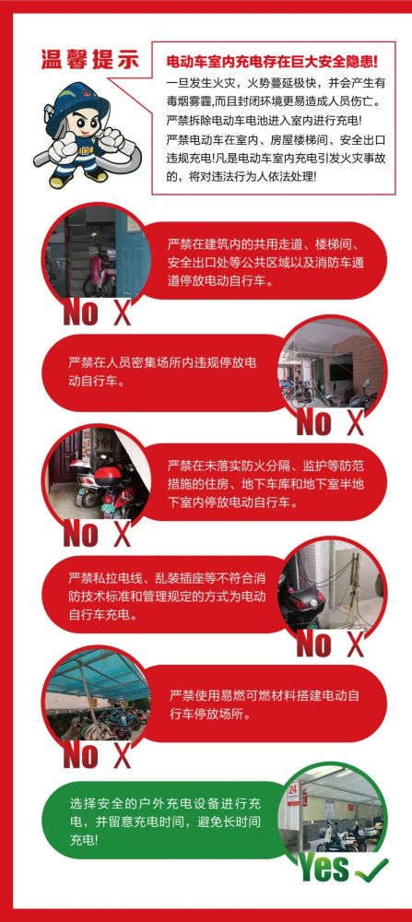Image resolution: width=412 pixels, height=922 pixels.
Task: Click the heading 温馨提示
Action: point(90,59)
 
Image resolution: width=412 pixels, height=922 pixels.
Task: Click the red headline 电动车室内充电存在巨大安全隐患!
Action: point(272,62)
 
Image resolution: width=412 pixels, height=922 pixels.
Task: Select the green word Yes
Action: point(324,868)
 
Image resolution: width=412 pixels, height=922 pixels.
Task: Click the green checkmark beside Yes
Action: point(371,868)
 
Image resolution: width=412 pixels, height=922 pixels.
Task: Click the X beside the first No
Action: point(122,313)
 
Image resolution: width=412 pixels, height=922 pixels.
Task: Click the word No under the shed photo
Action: point(80,755)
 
